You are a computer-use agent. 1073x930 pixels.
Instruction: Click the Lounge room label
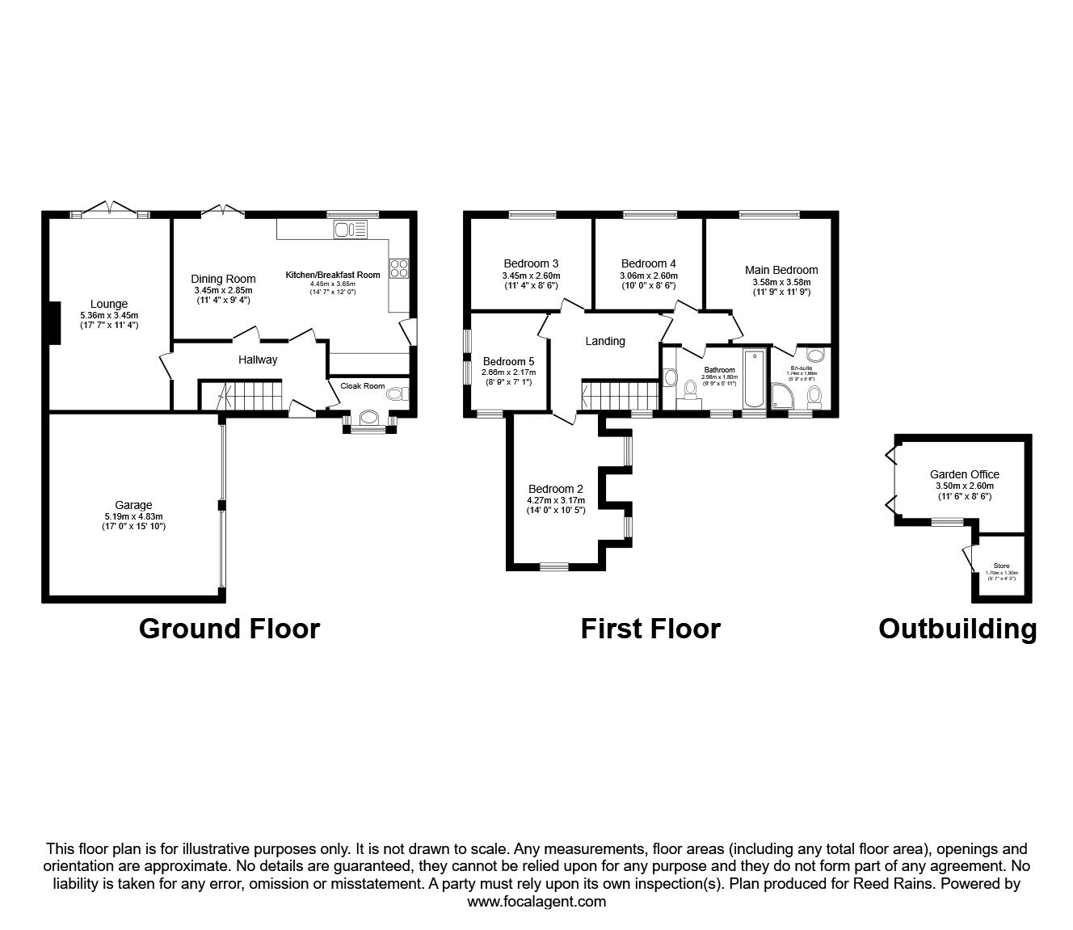109,305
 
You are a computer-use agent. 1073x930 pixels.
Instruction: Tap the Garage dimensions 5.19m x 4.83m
133,516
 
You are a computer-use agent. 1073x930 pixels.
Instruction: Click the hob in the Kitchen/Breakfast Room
399,267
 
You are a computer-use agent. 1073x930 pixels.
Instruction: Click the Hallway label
258,360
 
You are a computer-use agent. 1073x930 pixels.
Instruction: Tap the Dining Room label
223,280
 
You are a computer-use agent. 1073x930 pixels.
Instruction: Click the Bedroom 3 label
531,263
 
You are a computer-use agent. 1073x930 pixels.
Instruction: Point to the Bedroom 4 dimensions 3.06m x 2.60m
649,275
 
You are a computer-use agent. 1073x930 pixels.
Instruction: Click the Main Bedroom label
781,270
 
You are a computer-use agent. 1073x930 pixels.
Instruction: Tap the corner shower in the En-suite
783,397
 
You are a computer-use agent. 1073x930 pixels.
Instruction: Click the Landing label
605,341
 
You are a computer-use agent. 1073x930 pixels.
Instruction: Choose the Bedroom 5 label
508,361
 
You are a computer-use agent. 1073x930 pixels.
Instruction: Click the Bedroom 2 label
556,489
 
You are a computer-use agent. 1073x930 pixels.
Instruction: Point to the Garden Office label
965,474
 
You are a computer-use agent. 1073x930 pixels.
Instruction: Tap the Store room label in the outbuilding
1001,566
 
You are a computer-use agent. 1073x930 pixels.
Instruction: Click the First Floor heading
650,628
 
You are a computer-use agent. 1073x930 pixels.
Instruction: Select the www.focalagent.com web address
536,902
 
